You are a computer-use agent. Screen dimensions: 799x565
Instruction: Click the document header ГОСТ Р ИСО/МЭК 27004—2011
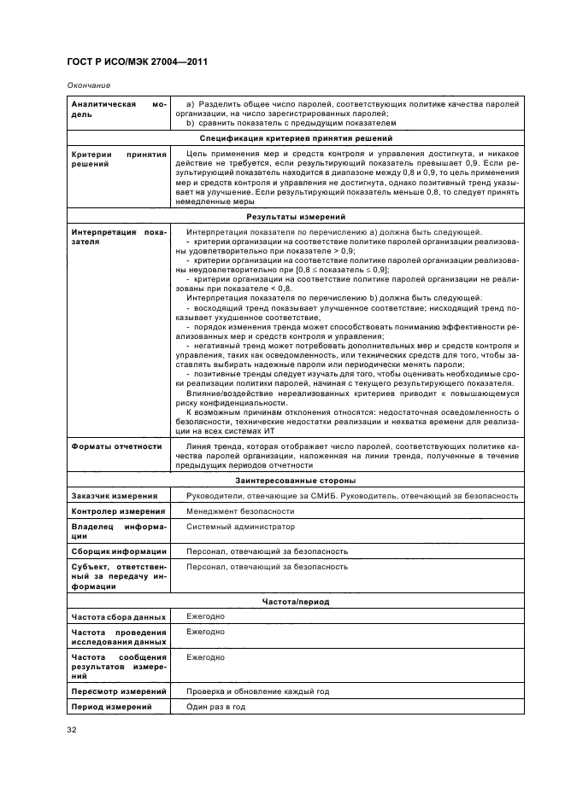(x=138, y=62)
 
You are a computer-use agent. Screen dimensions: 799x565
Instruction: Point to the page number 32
(x=71, y=729)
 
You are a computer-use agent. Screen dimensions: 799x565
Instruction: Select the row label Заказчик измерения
(x=114, y=496)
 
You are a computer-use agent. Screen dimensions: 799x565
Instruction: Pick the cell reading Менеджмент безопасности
(x=233, y=510)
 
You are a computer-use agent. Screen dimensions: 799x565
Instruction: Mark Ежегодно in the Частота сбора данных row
(x=205, y=615)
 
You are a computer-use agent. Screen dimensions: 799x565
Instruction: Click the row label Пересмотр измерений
(x=118, y=691)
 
